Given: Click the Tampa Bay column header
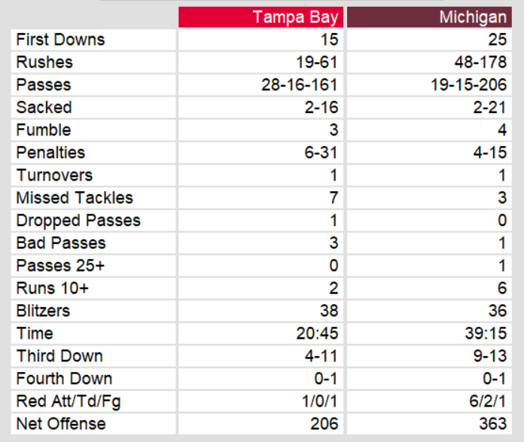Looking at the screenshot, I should click(x=295, y=17).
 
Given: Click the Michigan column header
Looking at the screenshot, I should click(x=473, y=17).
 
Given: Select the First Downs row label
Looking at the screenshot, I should click(x=60, y=40).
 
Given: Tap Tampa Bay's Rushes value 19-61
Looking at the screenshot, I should click(x=318, y=62).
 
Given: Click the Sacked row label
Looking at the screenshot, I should click(x=44, y=108).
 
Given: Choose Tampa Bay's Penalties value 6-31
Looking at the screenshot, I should click(x=321, y=153).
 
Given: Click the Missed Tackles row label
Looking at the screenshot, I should click(x=75, y=198).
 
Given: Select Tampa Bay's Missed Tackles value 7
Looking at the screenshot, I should click(x=334, y=198).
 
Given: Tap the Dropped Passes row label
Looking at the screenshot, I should click(x=78, y=221).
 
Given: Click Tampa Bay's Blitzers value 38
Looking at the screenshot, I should click(x=329, y=311).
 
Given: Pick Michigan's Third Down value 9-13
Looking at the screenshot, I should click(x=490, y=356).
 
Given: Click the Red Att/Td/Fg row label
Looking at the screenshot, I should click(x=69, y=401).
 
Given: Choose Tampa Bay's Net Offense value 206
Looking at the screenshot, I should click(x=324, y=424).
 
